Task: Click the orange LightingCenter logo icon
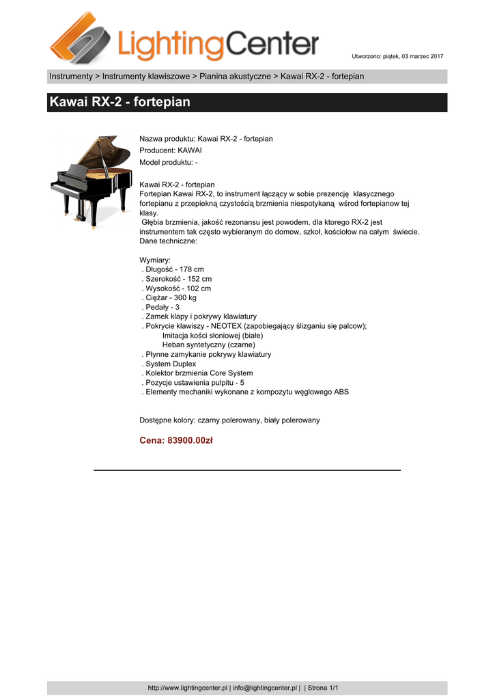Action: click(x=80, y=38)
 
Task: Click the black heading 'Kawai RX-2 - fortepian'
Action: click(x=119, y=103)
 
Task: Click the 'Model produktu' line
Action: click(x=169, y=162)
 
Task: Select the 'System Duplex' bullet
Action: click(x=169, y=364)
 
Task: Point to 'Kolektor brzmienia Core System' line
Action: click(x=197, y=373)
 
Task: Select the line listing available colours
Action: click(x=229, y=420)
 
